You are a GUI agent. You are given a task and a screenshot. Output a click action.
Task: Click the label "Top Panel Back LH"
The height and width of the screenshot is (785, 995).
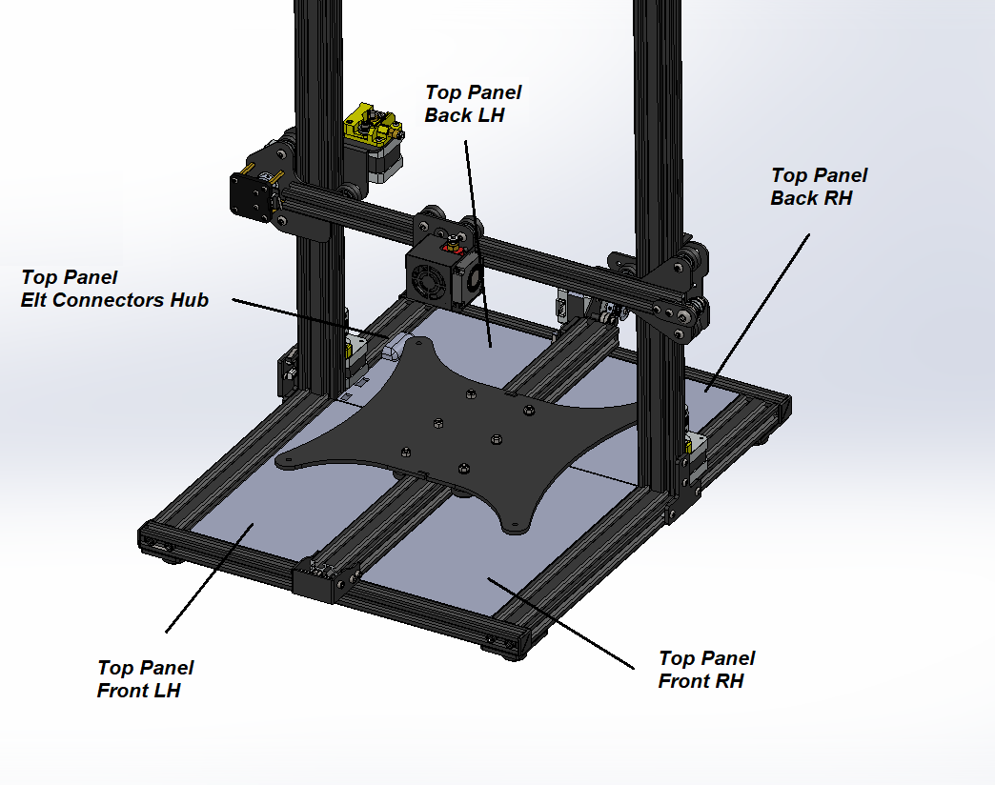473,103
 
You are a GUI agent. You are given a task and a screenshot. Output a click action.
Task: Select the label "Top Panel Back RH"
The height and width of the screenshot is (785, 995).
819,187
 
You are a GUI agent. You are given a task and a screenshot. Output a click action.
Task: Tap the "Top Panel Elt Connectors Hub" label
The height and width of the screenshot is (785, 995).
114,289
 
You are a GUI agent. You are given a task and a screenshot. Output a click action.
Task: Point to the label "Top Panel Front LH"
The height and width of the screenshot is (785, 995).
145,678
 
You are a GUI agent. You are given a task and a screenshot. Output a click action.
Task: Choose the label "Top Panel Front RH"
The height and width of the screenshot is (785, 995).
706,669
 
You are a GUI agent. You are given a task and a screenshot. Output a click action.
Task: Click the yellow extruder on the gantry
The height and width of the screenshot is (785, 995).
373,124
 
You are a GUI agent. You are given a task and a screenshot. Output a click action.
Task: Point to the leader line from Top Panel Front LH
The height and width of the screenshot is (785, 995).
210,577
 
